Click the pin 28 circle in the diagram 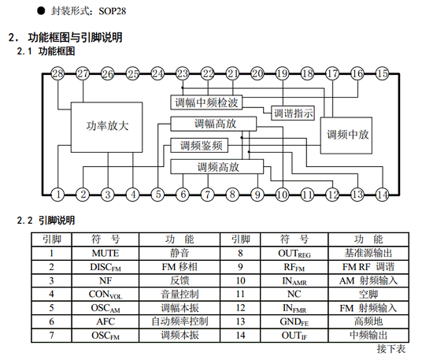(57, 74)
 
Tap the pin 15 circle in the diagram (382, 74)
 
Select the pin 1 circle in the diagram (57, 194)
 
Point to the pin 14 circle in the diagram (382, 194)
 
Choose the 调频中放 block (348, 133)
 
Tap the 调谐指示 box (293, 113)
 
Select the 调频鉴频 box (200, 145)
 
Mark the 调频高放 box (218, 166)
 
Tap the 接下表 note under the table (391, 347)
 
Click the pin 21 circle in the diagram (232, 74)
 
